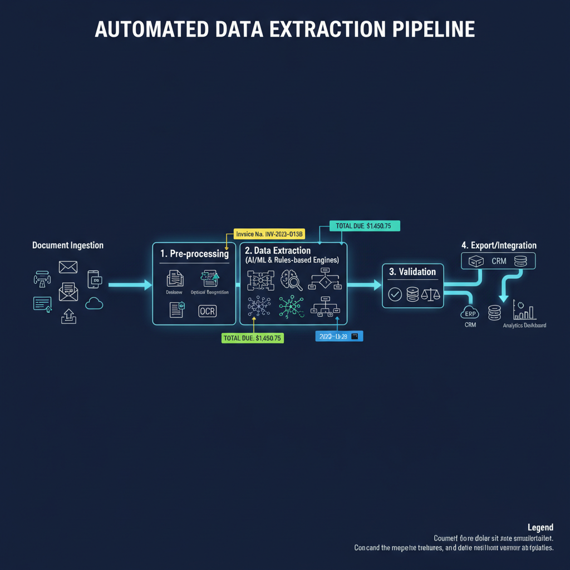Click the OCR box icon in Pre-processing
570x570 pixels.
[207, 311]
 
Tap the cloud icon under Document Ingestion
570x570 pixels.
[95, 303]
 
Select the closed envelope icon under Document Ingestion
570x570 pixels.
[68, 268]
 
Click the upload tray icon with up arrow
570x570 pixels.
[68, 316]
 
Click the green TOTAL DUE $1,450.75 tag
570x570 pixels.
[253, 338]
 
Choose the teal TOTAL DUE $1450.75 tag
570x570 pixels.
[364, 226]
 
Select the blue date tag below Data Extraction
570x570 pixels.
[338, 336]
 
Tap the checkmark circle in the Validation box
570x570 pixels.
[395, 295]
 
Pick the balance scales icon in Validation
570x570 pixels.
[430, 295]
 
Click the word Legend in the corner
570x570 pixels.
[540, 527]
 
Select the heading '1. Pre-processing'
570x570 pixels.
[194, 254]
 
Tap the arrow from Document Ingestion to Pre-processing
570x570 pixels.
[130, 285]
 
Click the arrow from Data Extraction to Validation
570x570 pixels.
[364, 285]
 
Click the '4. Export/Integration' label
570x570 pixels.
[499, 245]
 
